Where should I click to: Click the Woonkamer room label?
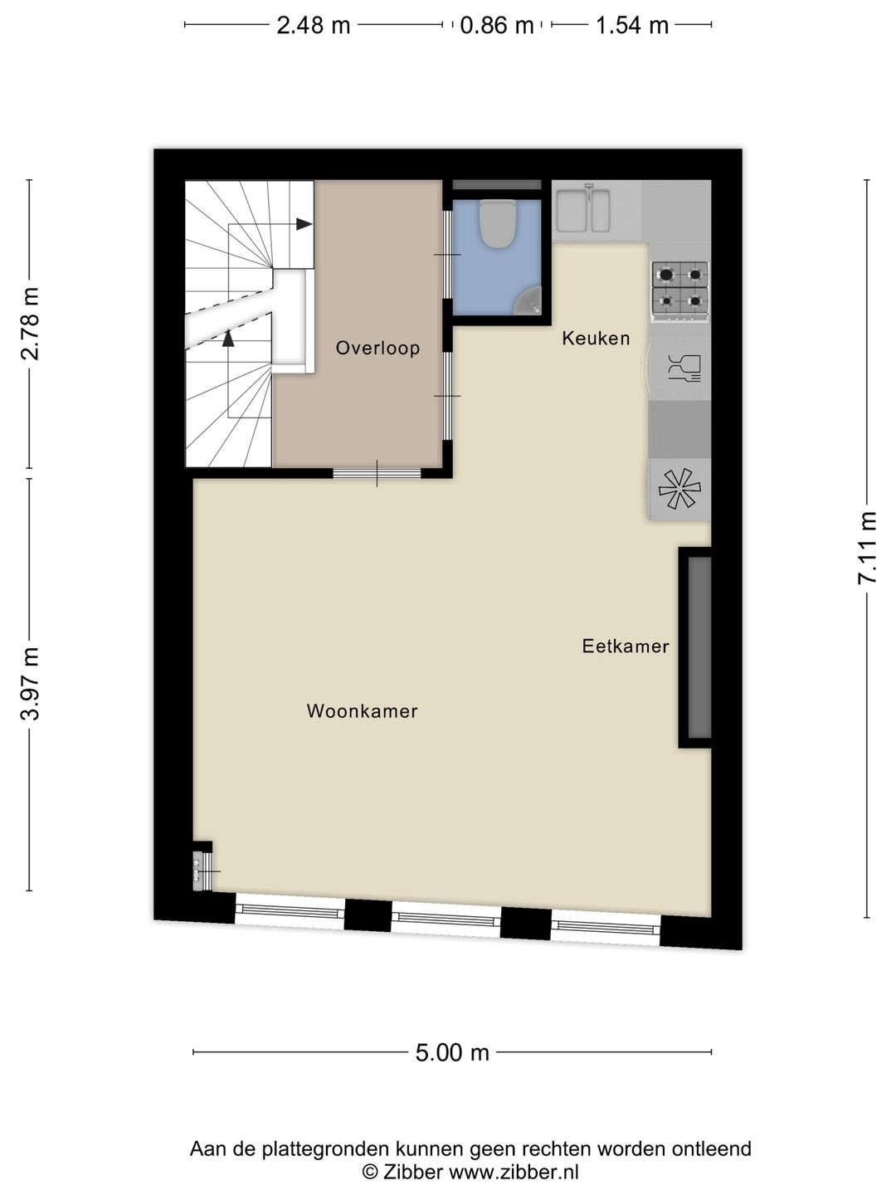tap(362, 711)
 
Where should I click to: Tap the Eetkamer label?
tap(625, 646)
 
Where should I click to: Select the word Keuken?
tap(596, 339)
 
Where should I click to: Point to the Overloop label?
tap(377, 349)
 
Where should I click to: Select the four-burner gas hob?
tap(679, 286)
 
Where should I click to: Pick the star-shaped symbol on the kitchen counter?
tap(679, 489)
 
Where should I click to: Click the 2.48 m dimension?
tap(313, 26)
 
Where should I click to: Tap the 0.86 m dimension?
tap(496, 26)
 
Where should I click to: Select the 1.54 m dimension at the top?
tap(631, 26)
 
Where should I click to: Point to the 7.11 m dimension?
tap(867, 548)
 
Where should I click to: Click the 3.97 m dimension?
tap(30, 684)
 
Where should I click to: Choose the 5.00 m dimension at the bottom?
tap(452, 1052)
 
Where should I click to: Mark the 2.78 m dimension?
tap(30, 324)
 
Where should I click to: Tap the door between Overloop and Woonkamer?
tap(377, 474)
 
